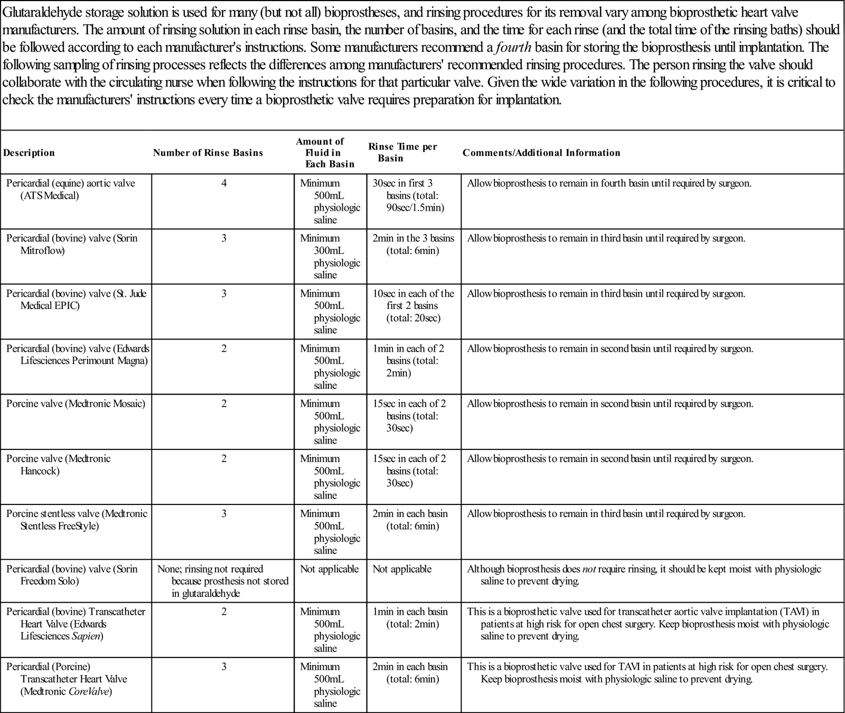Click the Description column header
point(29,153)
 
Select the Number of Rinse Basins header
point(208,153)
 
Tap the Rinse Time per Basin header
point(402,152)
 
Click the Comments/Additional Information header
point(541,153)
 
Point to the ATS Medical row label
point(70,190)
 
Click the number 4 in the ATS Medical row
point(224,183)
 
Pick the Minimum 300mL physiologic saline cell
point(330,257)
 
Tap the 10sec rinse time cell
point(413,306)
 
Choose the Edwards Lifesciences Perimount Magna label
point(78,354)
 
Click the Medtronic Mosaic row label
point(76,404)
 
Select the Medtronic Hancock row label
point(58,465)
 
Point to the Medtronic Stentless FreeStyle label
point(77,520)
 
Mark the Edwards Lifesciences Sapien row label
point(76,624)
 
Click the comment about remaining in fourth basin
point(609,183)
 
